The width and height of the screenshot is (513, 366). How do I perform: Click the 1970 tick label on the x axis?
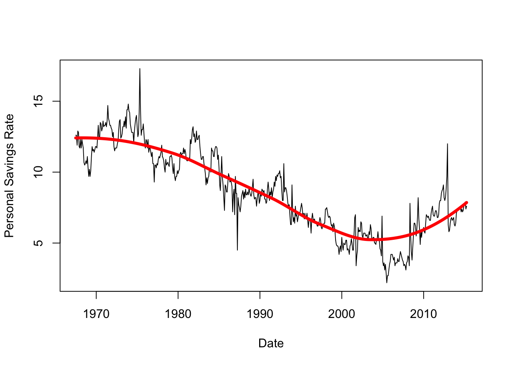(x=96, y=314)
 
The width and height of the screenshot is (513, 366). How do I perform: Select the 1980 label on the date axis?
(x=178, y=314)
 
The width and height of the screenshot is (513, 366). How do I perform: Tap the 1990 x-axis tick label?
(x=260, y=314)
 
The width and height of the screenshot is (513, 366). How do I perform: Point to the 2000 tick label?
(x=342, y=314)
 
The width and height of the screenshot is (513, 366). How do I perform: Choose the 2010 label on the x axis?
(x=423, y=314)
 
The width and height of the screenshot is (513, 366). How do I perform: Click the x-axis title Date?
(x=271, y=343)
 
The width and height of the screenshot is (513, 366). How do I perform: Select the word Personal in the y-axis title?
(x=9, y=213)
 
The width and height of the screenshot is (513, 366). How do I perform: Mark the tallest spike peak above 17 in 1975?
(x=140, y=69)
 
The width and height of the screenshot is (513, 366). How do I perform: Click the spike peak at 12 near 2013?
(x=447, y=144)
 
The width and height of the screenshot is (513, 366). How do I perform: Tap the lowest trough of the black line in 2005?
(x=387, y=283)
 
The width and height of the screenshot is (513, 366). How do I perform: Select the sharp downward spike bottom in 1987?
(x=237, y=250)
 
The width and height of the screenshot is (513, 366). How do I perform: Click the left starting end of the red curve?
(x=76, y=138)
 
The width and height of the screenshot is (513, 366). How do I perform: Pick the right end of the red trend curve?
(x=466, y=203)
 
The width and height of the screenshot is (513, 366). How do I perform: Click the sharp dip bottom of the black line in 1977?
(x=154, y=181)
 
